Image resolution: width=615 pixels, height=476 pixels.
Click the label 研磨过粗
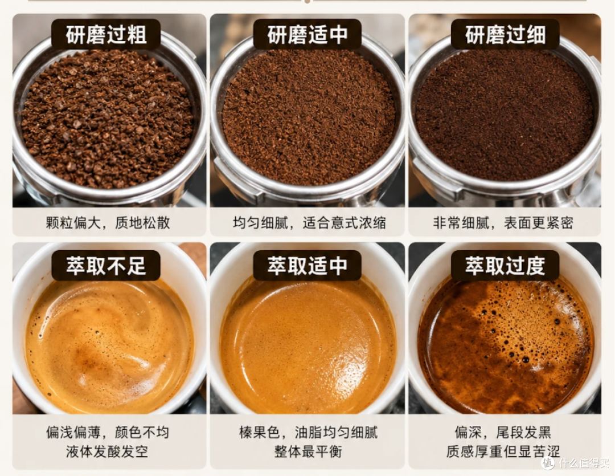106,35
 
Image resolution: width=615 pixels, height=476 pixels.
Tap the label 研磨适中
307,35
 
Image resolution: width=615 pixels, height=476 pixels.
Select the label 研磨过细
505,35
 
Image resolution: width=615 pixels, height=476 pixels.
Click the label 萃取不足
106,266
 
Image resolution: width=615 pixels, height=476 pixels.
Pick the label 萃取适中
307,266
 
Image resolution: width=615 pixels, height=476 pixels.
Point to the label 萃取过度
505,266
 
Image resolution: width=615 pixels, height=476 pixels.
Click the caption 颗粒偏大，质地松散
108,223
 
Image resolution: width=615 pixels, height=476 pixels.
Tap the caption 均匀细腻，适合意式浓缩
309,223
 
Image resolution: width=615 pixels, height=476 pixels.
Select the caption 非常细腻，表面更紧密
503,223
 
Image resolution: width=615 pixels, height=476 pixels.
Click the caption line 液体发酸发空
107,451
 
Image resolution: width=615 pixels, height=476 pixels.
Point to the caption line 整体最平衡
308,451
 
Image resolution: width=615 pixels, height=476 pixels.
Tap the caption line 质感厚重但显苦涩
503,451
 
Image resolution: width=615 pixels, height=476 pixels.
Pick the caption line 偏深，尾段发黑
503,433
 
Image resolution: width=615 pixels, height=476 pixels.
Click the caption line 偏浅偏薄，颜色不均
107,433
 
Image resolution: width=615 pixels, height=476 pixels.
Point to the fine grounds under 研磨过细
505,116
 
